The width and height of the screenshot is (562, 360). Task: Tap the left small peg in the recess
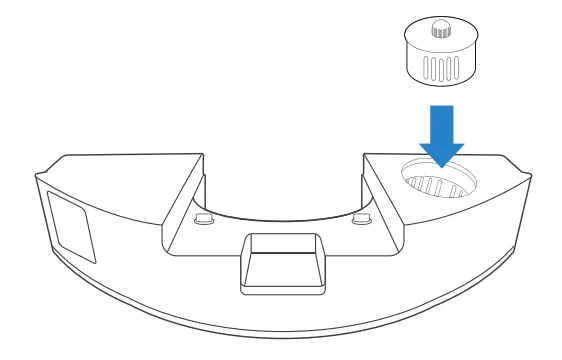click(204, 217)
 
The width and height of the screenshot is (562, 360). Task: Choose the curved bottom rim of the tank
click(281, 335)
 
